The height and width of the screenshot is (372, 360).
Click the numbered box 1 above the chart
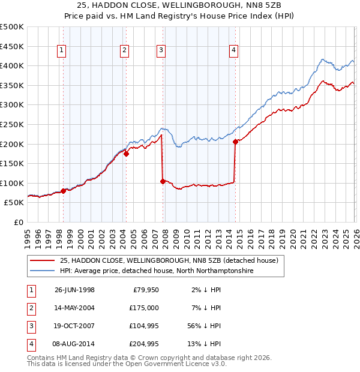pyautogui.click(x=62, y=51)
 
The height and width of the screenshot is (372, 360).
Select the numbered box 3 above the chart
pyautogui.click(x=161, y=51)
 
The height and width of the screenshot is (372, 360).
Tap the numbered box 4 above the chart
pyautogui.click(x=233, y=51)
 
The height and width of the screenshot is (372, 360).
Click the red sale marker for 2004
pyautogui.click(x=126, y=154)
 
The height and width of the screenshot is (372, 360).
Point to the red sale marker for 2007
pyautogui.click(x=163, y=181)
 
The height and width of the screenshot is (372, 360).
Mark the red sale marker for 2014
pyautogui.click(x=235, y=142)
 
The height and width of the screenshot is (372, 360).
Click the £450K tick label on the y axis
pyautogui.click(x=12, y=46)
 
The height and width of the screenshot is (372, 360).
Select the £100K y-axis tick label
pyautogui.click(x=12, y=183)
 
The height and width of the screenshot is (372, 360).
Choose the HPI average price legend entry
pyautogui.click(x=157, y=271)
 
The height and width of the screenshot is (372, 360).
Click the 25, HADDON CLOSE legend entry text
pyautogui.click(x=169, y=261)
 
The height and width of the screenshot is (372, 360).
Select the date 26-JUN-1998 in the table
pyautogui.click(x=74, y=290)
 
